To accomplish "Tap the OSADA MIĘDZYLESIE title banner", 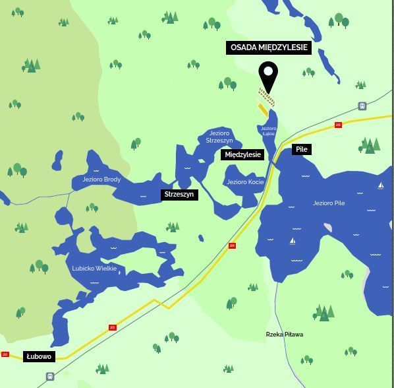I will tap(269, 48).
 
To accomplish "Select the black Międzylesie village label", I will tap(242, 154).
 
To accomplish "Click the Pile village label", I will tap(301, 149).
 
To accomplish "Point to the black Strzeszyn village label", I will tap(179, 194).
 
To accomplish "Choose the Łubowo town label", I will tap(39, 356).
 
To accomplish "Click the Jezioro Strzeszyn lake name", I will tap(219, 137).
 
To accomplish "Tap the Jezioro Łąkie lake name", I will tap(268, 131).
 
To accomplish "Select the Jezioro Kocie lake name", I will tap(245, 182).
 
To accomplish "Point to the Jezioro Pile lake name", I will tap(329, 203).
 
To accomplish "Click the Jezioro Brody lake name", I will tap(101, 179).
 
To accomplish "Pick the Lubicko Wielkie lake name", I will tap(94, 269).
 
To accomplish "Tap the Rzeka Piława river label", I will tap(285, 335).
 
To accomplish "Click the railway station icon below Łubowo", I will tap(50, 376).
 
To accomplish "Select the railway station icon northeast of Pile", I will tap(362, 106).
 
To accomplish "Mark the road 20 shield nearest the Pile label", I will tap(338, 125).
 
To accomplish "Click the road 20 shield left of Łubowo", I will tap(5, 354).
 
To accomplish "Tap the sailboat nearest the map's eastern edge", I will tap(380, 185).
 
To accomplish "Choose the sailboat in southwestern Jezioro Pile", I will tap(293, 241).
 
